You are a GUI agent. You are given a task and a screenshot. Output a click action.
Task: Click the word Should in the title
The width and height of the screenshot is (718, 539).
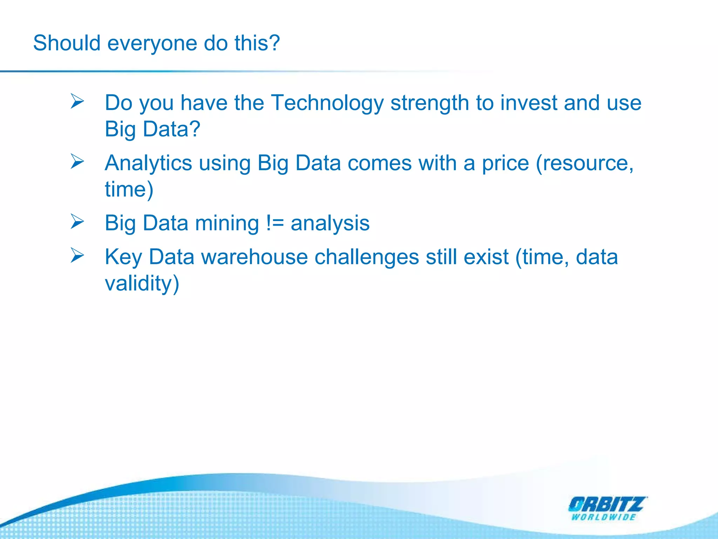point(67,43)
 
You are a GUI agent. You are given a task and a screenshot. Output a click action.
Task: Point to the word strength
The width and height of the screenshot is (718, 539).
point(429,104)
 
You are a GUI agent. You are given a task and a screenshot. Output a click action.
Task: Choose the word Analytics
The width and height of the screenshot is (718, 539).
point(148,164)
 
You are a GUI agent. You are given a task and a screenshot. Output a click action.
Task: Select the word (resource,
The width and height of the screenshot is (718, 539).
point(585,164)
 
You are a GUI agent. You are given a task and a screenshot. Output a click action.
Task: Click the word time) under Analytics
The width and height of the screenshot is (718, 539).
point(129,189)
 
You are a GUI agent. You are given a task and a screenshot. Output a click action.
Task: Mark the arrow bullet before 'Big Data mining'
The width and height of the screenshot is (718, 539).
point(77,221)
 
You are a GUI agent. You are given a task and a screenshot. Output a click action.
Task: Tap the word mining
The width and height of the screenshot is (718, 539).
point(227,224)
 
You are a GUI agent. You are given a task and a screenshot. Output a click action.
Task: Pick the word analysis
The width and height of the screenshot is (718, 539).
point(330,224)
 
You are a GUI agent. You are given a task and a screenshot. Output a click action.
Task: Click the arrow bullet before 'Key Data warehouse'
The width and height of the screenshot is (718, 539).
point(77,255)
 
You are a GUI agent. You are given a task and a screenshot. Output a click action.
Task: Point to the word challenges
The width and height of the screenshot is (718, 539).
point(366,257)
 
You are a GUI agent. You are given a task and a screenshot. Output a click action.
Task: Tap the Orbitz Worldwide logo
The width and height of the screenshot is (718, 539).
point(607,508)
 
